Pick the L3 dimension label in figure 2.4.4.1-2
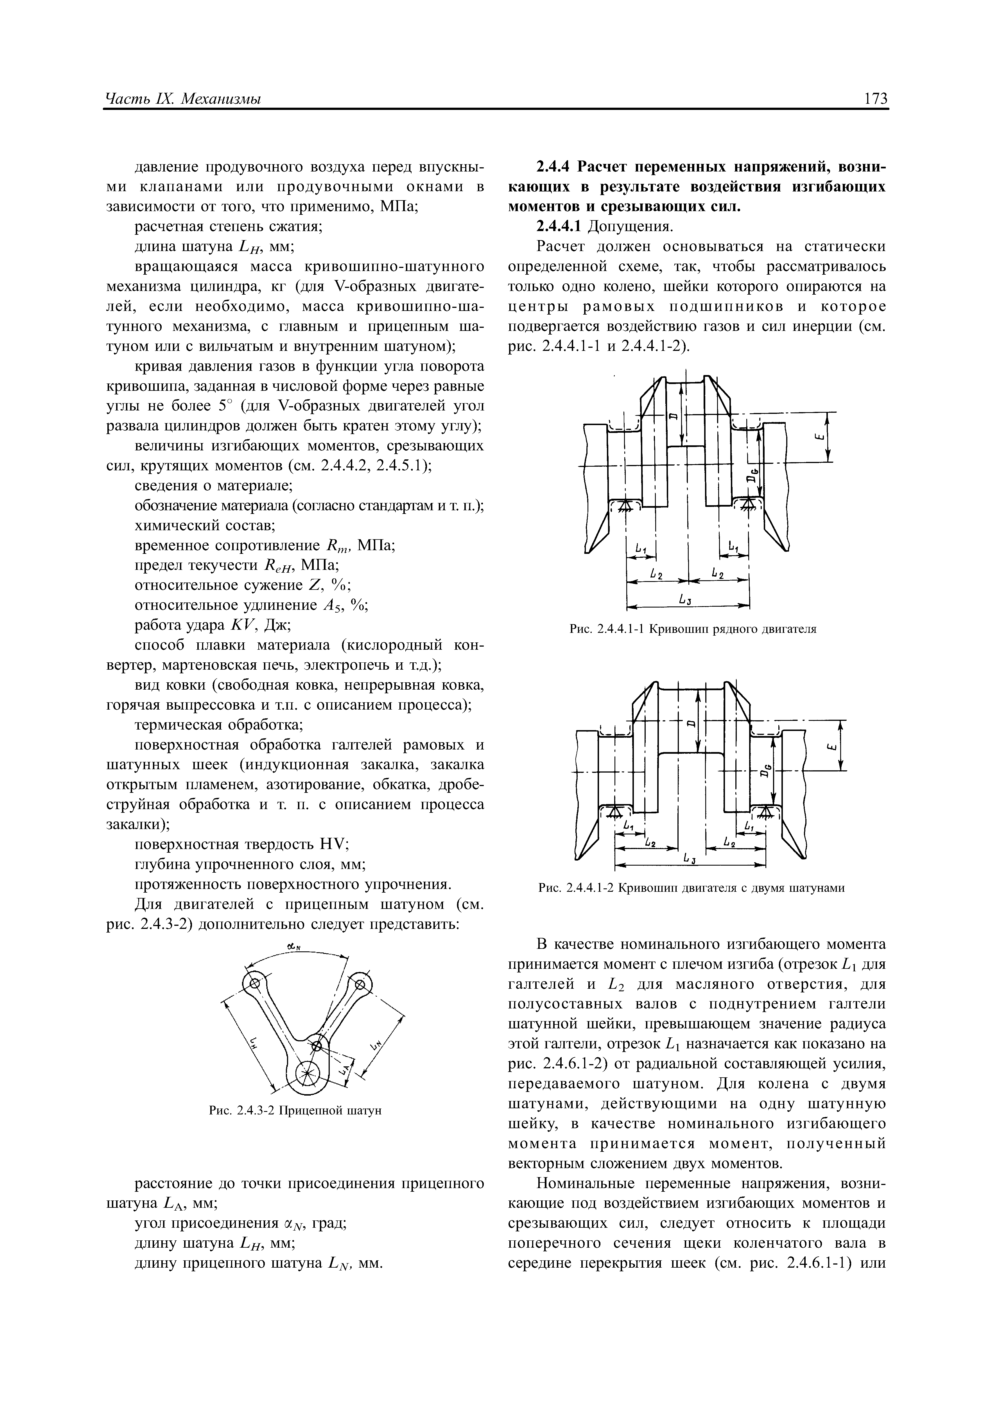click(686, 859)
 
